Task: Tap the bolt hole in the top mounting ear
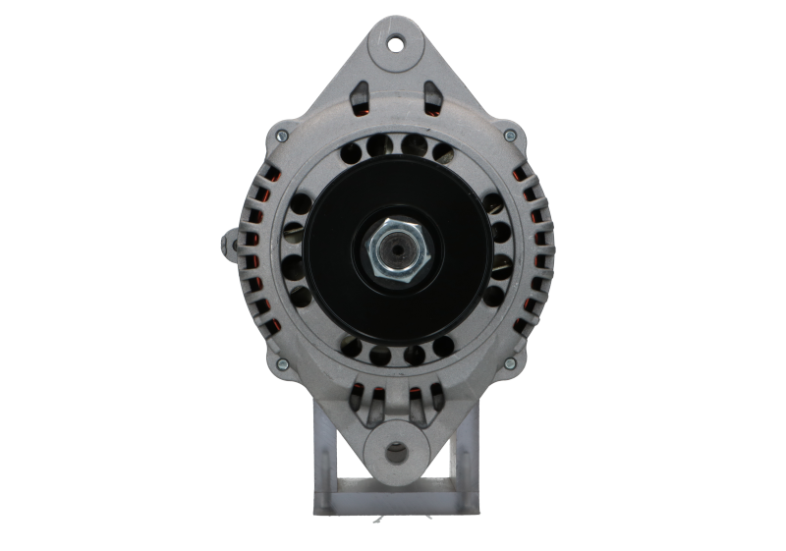pyautogui.click(x=396, y=43)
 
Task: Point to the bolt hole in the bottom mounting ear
pyautogui.click(x=395, y=453)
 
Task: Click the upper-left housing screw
pyautogui.click(x=281, y=136)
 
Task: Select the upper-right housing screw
pyautogui.click(x=509, y=136)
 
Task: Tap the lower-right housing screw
pyautogui.click(x=509, y=364)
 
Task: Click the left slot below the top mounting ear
pyautogui.click(x=359, y=96)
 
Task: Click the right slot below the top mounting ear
pyautogui.click(x=431, y=96)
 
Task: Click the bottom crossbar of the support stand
pyautogui.click(x=394, y=511)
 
